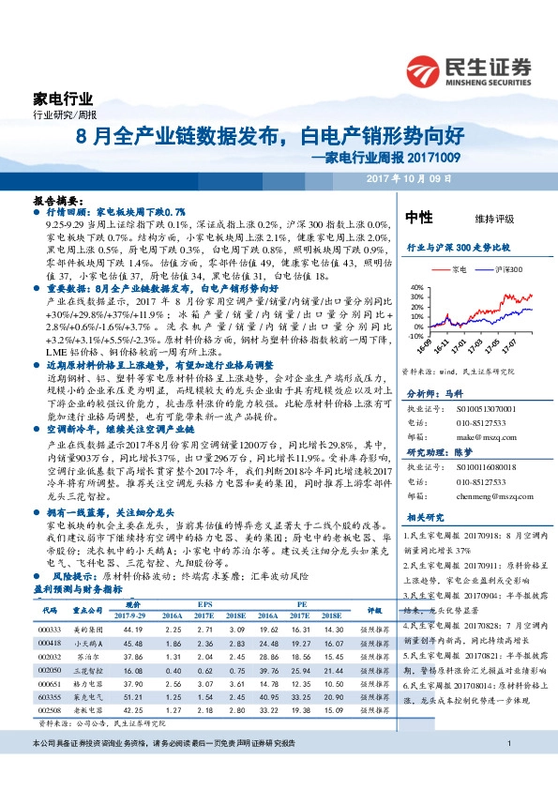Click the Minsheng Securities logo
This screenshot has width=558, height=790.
[x=469, y=71]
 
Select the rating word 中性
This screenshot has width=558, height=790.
[x=418, y=217]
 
